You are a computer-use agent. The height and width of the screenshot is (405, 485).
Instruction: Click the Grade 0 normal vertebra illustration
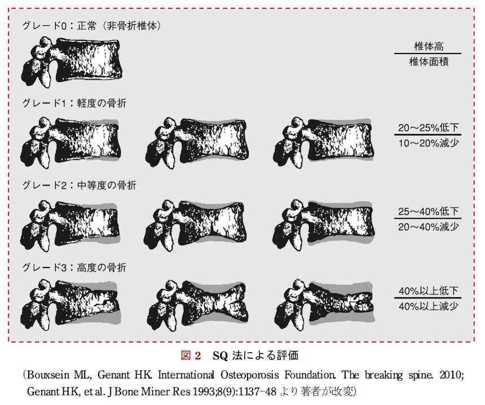(x=72, y=62)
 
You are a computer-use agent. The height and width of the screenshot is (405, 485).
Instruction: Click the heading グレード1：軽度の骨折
(x=74, y=103)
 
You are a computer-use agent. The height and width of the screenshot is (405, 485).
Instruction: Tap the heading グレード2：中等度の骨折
(x=79, y=186)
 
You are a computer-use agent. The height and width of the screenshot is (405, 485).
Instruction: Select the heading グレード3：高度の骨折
(x=74, y=267)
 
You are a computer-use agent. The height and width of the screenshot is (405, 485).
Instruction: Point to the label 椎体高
(x=429, y=46)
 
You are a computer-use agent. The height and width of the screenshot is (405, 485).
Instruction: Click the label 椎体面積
(x=429, y=61)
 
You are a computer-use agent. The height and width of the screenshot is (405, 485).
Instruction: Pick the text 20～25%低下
(x=429, y=127)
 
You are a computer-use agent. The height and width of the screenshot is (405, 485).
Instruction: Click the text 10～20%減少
(x=429, y=143)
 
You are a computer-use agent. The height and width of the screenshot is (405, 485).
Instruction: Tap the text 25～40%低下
(x=429, y=212)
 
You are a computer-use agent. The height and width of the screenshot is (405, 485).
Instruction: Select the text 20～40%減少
(x=429, y=227)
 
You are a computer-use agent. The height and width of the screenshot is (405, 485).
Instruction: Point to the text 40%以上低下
(x=429, y=291)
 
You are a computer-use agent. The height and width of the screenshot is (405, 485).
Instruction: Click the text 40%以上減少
(x=429, y=306)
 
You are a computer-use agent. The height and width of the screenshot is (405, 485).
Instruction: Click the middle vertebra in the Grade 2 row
(x=196, y=225)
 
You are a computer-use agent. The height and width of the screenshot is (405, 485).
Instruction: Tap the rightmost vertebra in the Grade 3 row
(x=324, y=305)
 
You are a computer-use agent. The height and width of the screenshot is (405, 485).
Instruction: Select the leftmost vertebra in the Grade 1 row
(x=70, y=142)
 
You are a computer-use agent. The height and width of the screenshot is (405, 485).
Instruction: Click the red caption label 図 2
(x=191, y=355)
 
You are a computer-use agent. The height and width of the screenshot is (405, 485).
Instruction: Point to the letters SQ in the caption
(x=221, y=356)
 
